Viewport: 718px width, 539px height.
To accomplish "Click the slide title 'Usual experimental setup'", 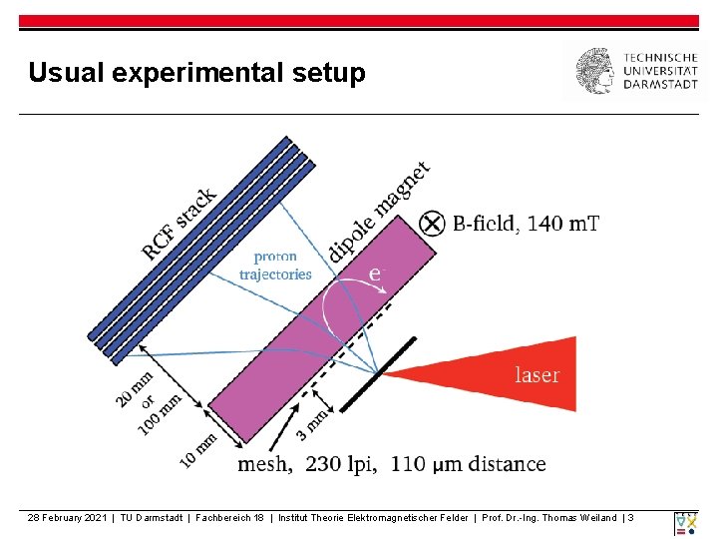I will click(x=196, y=73).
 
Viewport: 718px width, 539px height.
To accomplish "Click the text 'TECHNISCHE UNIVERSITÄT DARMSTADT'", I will click(x=660, y=71).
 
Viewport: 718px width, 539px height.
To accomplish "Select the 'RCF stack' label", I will click(x=179, y=224).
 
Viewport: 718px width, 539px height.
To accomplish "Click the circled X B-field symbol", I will click(x=432, y=224).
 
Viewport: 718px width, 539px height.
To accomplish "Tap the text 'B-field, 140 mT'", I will click(x=527, y=224).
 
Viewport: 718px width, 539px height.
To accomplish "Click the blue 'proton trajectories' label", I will click(x=276, y=266).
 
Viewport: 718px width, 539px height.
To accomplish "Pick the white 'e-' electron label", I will click(x=376, y=272).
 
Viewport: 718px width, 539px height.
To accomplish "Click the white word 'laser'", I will click(x=537, y=375).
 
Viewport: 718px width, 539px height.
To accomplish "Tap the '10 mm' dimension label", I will click(x=198, y=449).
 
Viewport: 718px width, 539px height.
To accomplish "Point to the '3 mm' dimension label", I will click(x=312, y=422).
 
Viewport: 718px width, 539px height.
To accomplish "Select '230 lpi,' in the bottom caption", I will click(x=342, y=464).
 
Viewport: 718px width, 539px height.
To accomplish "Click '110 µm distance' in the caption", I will click(x=469, y=464).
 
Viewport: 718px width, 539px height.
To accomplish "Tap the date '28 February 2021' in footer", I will click(x=68, y=517).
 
